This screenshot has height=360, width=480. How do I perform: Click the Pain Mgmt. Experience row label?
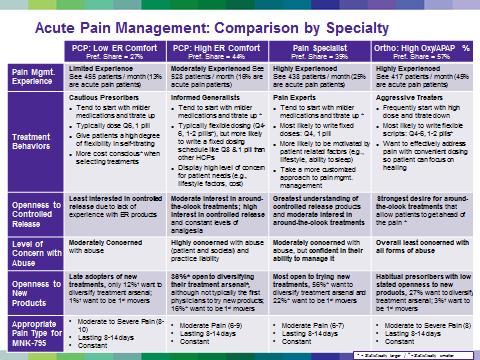pyautogui.click(x=33, y=76)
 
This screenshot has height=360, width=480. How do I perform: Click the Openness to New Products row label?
pyautogui.click(x=33, y=283)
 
